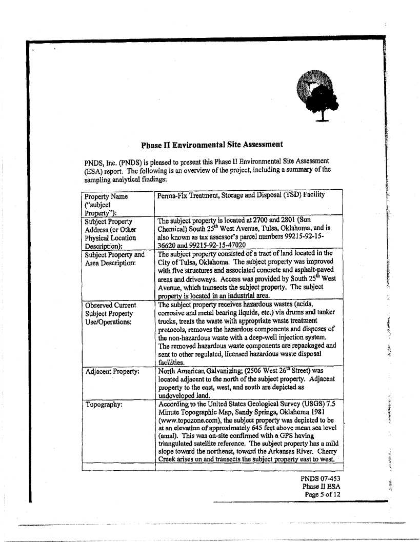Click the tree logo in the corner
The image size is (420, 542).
coord(314,96)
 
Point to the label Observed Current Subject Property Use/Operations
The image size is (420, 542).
coord(110,313)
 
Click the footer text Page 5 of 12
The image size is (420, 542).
coord(323,495)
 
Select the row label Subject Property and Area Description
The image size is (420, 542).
coord(115,258)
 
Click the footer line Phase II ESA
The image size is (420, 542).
coord(322,487)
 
